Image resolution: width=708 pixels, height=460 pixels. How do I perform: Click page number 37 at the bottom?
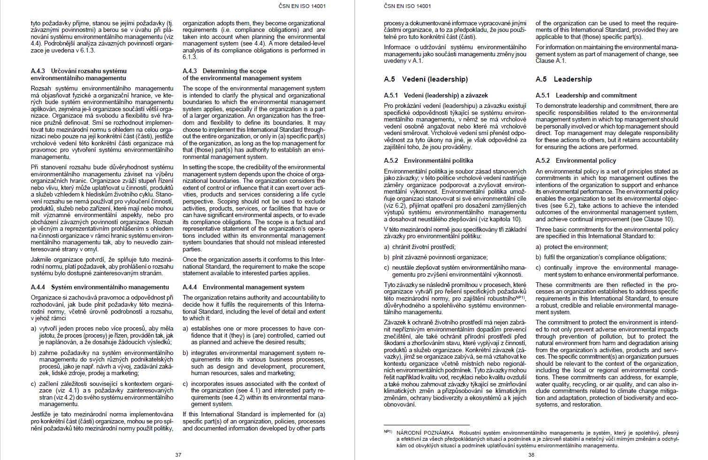178,455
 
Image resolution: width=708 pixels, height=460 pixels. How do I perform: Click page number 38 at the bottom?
531,455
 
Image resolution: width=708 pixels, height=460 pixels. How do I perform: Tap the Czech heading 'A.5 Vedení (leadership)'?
426,79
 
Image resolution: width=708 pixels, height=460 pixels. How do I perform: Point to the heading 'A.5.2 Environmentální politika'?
428,160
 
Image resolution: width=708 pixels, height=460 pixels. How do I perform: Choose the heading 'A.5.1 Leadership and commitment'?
586,95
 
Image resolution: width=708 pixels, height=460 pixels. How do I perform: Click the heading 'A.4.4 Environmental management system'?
244,287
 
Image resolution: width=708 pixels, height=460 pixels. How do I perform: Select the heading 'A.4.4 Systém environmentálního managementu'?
100,287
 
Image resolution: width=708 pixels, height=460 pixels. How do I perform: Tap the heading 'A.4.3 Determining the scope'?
225,71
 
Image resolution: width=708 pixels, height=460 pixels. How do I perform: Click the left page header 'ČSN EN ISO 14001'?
302,6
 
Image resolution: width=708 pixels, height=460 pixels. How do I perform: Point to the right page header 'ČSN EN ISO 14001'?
407,6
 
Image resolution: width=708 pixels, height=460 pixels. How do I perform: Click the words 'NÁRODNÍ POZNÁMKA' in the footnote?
425,433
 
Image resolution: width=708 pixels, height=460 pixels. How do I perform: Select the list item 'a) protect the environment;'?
572,247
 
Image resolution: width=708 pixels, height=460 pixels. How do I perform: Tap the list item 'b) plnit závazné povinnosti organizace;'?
436,257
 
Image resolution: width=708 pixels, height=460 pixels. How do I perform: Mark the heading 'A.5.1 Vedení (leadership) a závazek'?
436,95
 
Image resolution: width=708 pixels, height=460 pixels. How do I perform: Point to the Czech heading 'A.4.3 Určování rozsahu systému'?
79,71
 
